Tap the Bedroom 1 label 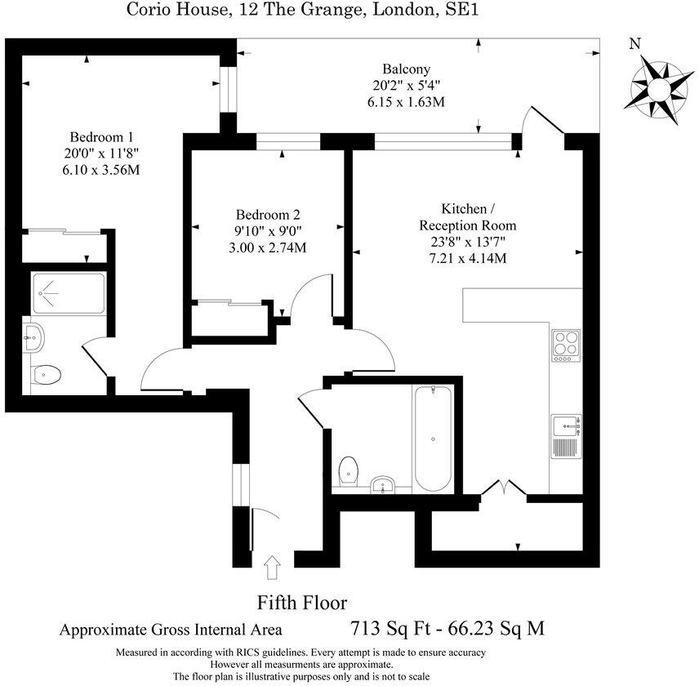[101, 136]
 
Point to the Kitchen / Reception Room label [467, 216]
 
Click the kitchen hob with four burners [565, 345]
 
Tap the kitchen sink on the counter [565, 424]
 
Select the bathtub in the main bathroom [432, 439]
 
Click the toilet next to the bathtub [349, 470]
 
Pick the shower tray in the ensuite [69, 295]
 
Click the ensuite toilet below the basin [46, 375]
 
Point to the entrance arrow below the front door [272, 568]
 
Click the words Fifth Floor [302, 604]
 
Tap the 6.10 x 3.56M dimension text [101, 169]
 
